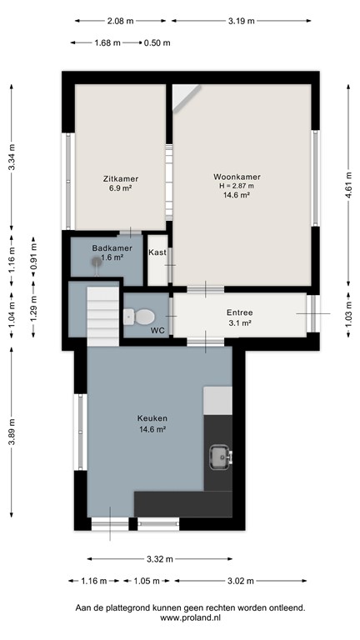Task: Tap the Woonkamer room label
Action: [237, 177]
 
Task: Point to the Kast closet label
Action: [157, 252]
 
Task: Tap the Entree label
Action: [239, 312]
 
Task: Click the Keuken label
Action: [152, 418]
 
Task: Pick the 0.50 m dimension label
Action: [157, 42]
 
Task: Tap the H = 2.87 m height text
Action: [237, 186]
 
